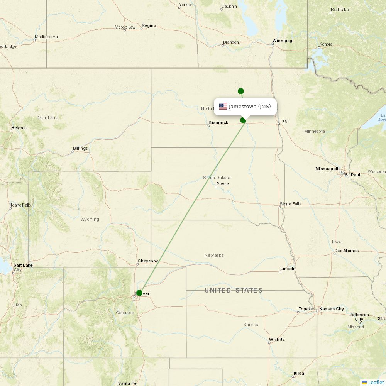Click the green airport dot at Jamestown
[x=243, y=120]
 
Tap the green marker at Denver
[x=139, y=293]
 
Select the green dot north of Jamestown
[x=241, y=91]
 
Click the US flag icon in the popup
[x=223, y=107]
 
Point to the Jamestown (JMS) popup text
[x=250, y=107]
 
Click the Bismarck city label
[x=218, y=122]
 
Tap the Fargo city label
[x=284, y=120]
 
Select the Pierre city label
[x=222, y=184]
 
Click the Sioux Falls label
[x=291, y=204]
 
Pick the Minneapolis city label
[x=328, y=169]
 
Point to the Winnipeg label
[x=282, y=41]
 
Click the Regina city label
[x=149, y=25]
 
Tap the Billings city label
[x=80, y=148]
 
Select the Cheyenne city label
[x=148, y=261]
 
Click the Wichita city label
[x=277, y=339]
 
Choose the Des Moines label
[x=346, y=251]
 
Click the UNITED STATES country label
[x=234, y=290]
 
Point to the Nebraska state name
[x=214, y=255]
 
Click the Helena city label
[x=19, y=128]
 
